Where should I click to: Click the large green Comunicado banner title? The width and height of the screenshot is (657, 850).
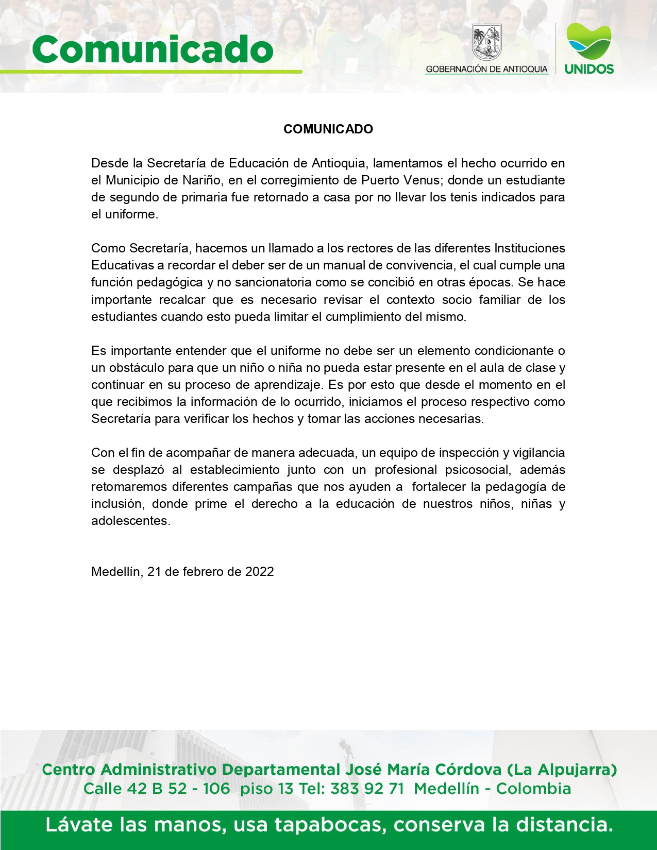click(x=153, y=50)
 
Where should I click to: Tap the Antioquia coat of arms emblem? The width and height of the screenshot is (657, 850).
click(x=487, y=43)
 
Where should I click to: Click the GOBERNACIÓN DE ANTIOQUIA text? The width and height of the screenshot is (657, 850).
click(x=486, y=69)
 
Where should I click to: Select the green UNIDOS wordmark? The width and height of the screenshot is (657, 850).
click(x=589, y=69)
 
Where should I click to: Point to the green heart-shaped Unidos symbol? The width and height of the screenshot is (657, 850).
click(x=588, y=41)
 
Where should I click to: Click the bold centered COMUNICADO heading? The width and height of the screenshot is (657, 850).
click(x=328, y=129)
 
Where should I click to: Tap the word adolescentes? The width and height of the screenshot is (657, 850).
click(x=129, y=521)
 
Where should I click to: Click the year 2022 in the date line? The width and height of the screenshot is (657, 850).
click(x=259, y=572)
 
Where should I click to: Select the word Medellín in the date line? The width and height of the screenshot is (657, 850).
click(x=116, y=572)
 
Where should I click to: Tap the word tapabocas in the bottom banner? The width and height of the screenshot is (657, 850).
click(x=330, y=825)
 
